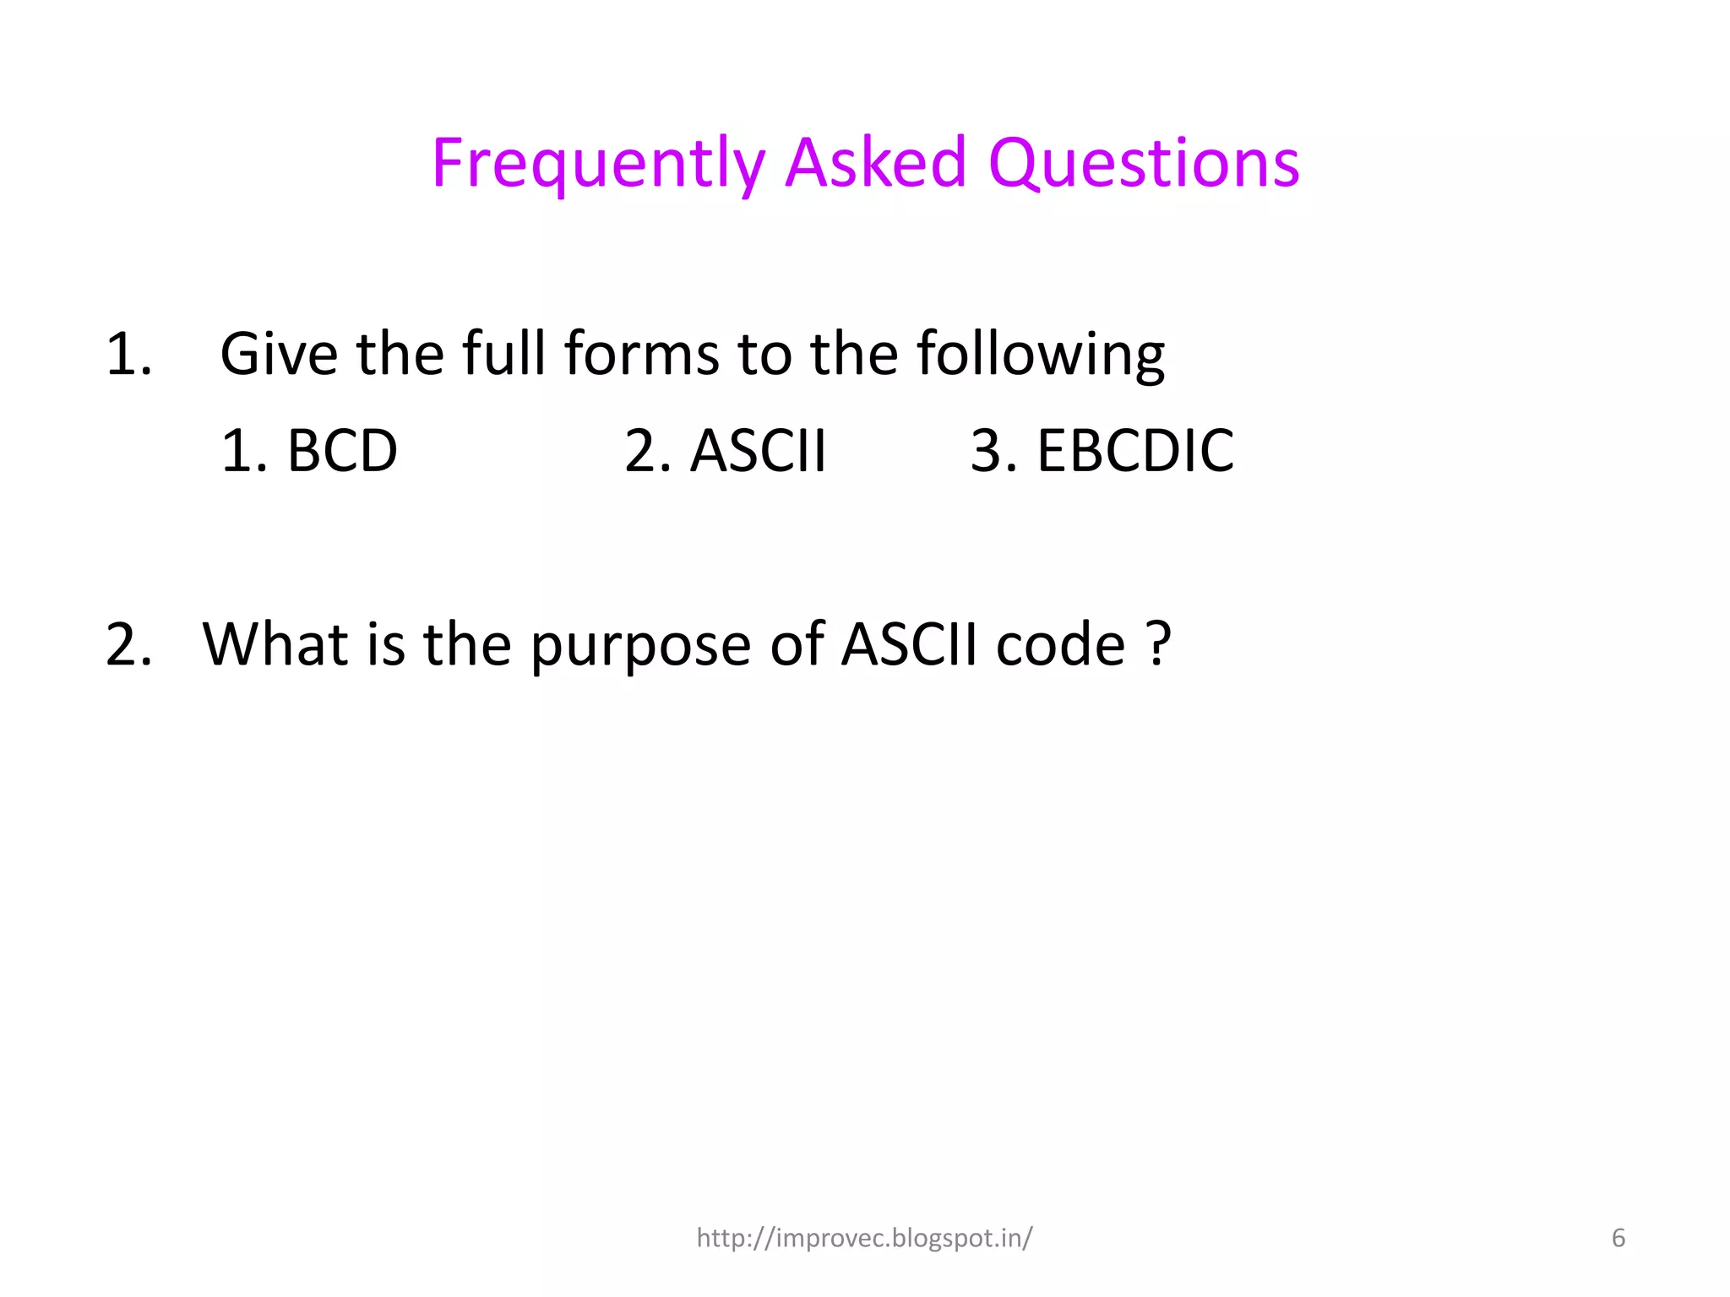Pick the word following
click(1041, 355)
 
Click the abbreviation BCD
click(341, 451)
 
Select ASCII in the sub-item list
click(758, 451)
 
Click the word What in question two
click(275, 644)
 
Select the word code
click(1061, 644)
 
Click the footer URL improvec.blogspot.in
click(864, 1238)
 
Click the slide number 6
click(1618, 1238)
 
